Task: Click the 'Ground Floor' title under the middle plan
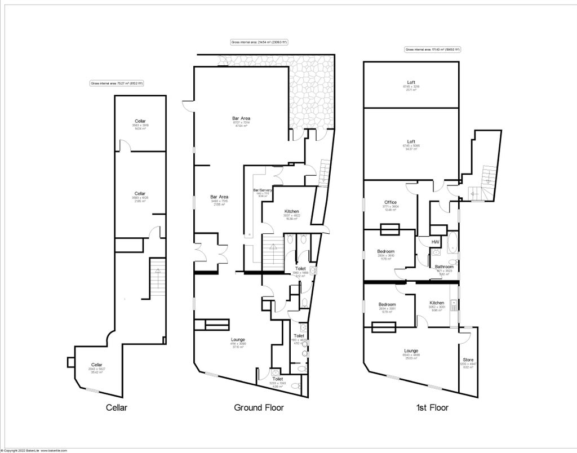tap(259, 407)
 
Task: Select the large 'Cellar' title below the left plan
tap(117, 407)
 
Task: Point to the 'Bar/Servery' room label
tap(263, 190)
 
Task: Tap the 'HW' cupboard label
tap(435, 242)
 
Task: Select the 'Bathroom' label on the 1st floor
tap(444, 267)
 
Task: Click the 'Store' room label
tap(468, 359)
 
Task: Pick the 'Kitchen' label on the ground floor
tap(291, 211)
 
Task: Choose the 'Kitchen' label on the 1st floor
tap(437, 303)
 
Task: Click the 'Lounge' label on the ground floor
tap(238, 340)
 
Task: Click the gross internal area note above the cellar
tap(117, 83)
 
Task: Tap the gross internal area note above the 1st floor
tap(432, 50)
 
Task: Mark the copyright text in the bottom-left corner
tap(34, 450)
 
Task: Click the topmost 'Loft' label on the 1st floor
tap(411, 82)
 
